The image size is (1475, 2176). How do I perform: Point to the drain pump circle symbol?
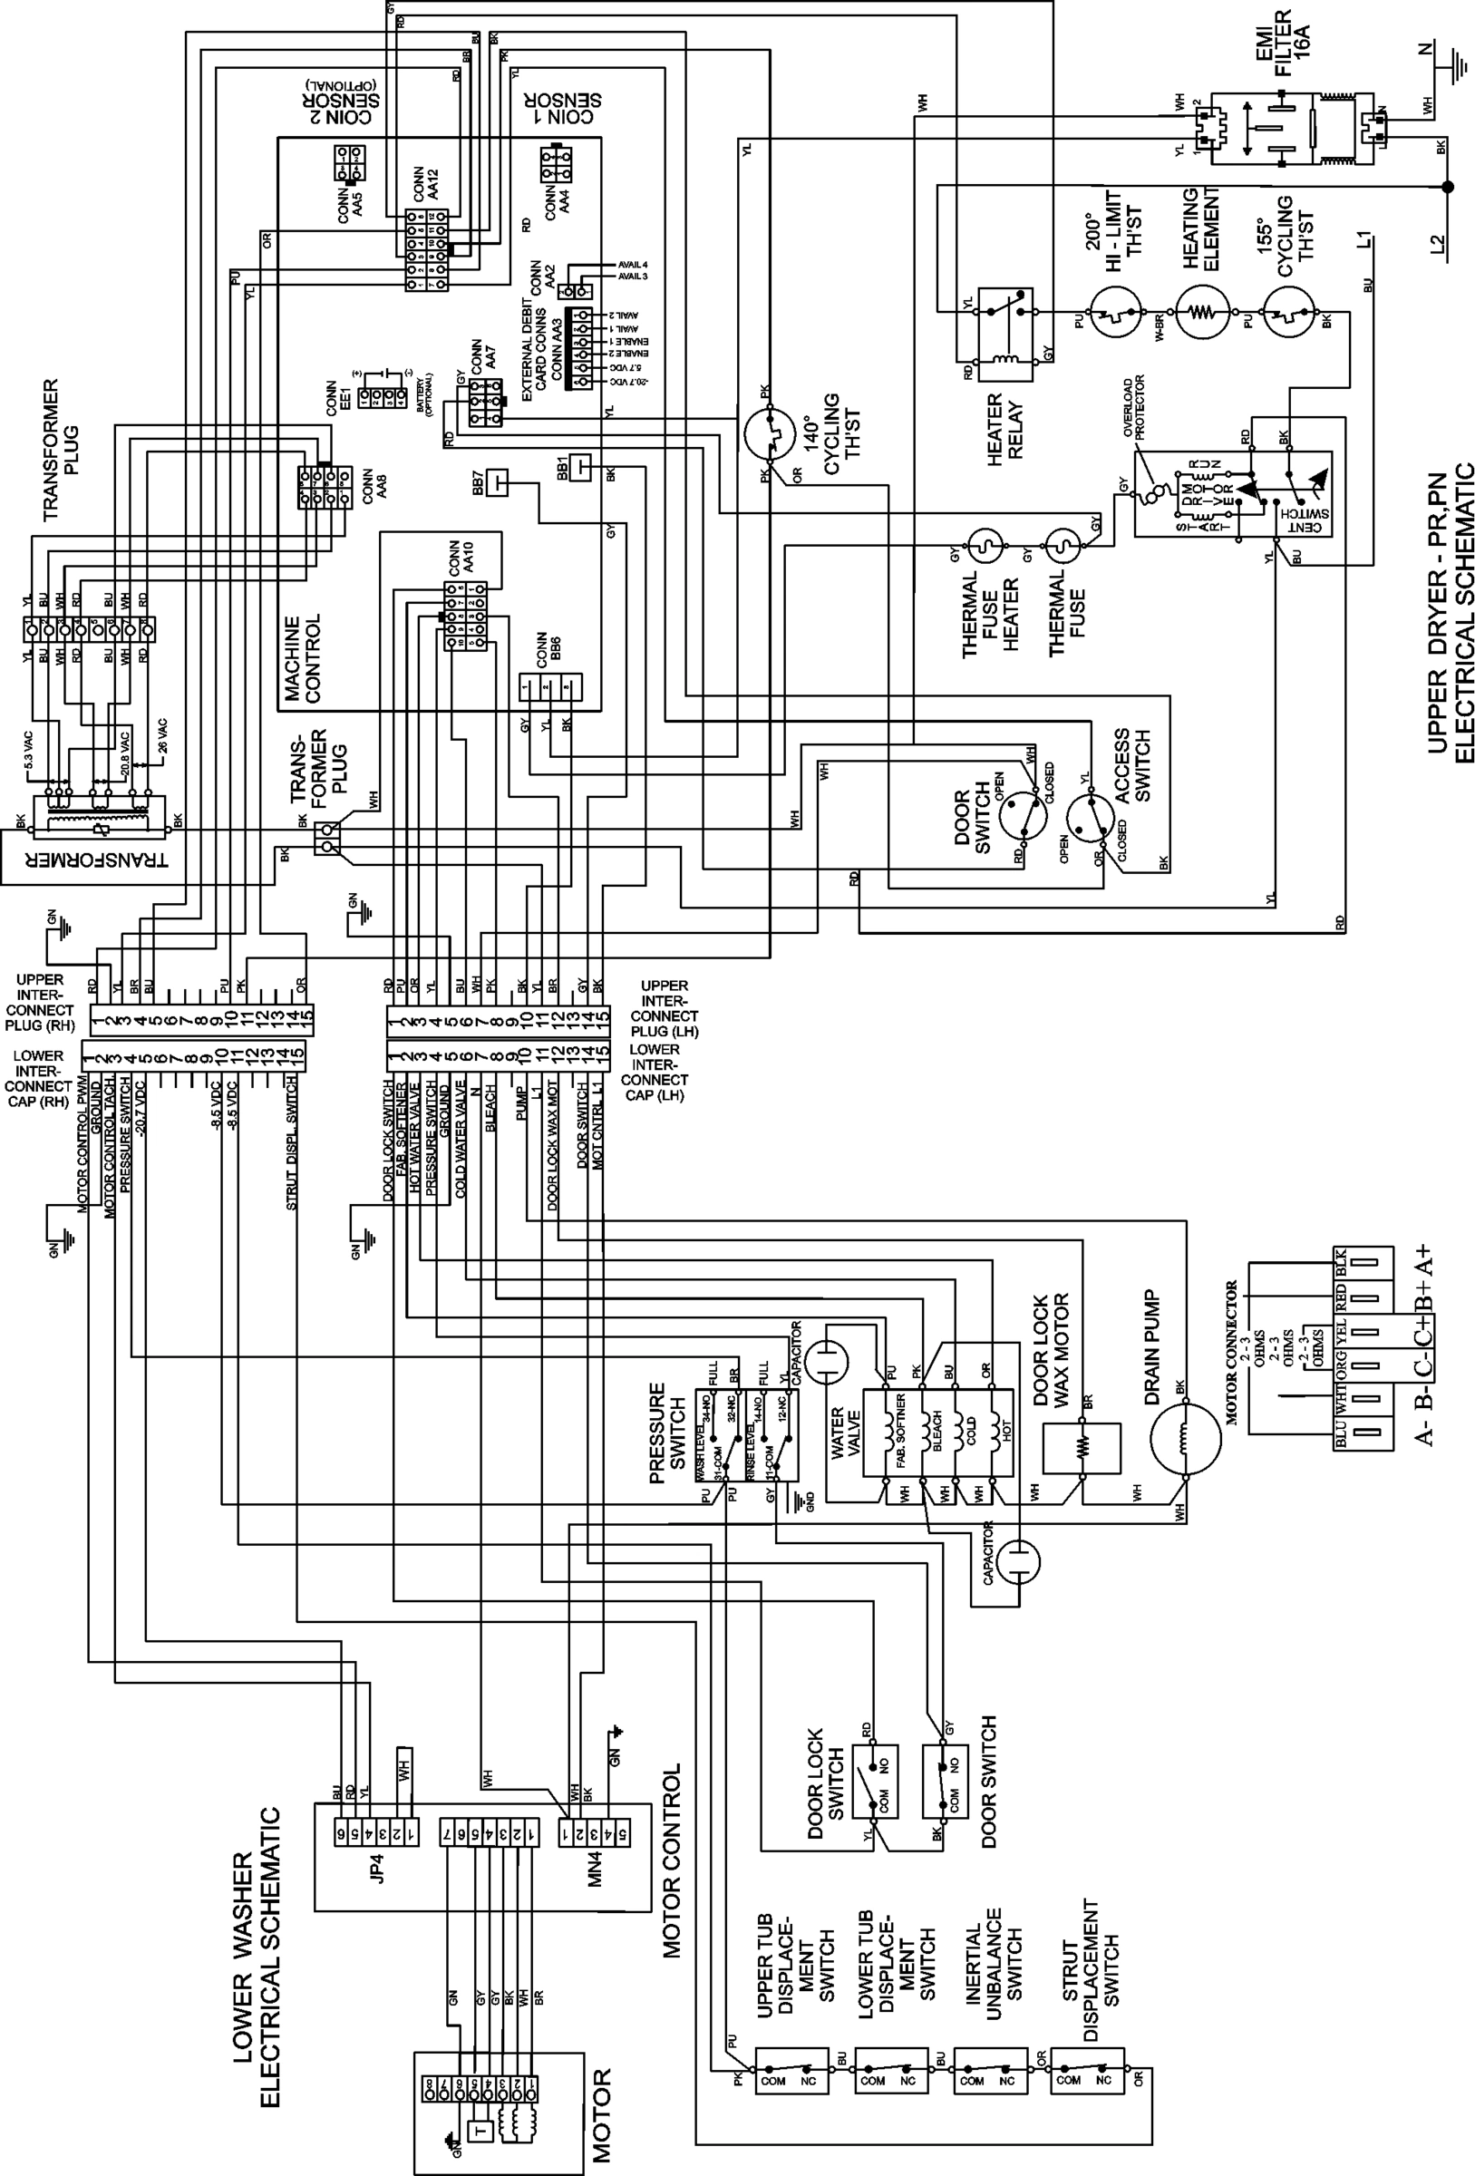coord(1185,1441)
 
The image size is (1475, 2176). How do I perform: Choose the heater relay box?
coord(1004,334)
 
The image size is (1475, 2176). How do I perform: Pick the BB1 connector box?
coord(580,464)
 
